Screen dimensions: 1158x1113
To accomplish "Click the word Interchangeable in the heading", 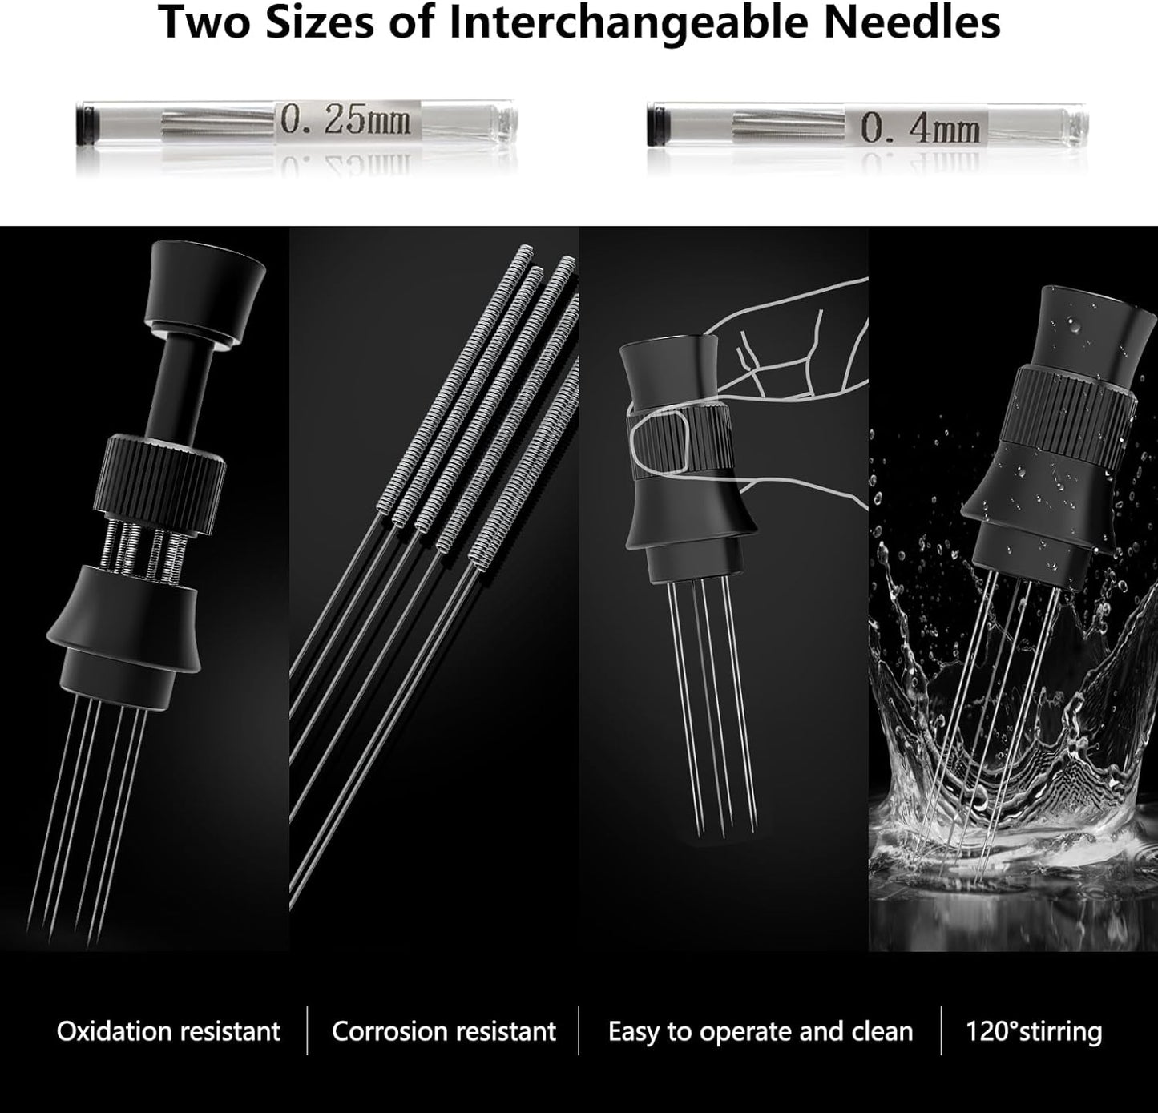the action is (628, 24).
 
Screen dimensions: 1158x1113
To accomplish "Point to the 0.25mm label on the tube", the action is (346, 121).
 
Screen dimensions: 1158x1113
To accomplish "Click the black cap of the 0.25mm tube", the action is (86, 123).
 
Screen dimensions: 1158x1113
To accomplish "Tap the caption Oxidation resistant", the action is (168, 1032).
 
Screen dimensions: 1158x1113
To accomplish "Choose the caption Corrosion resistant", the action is (444, 1032).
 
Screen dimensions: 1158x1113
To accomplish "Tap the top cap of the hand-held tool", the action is (669, 371).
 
